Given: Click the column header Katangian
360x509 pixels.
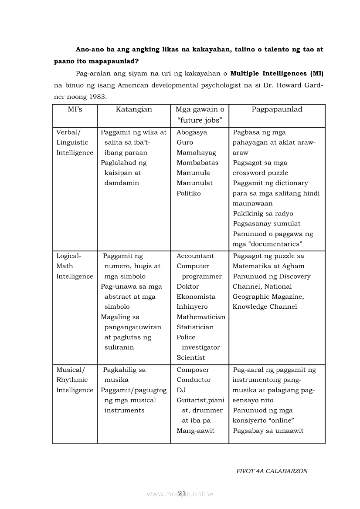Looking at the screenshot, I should pyautogui.click(x=134, y=109).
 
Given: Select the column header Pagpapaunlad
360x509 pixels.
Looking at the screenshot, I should pyautogui.click(x=277, y=109).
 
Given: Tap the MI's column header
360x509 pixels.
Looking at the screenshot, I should pyautogui.click(x=75, y=109).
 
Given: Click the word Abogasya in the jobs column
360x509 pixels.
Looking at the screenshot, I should pyautogui.click(x=192, y=132).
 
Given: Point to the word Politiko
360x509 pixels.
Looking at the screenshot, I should pyautogui.click(x=189, y=193).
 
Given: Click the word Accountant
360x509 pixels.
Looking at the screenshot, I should pyautogui.click(x=195, y=256).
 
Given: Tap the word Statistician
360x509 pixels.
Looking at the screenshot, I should pyautogui.click(x=195, y=327).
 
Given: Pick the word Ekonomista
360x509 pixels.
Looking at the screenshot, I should pyautogui.click(x=196, y=297).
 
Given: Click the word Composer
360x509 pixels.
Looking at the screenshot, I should pyautogui.click(x=193, y=370).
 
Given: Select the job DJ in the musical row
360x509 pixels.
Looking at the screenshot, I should pyautogui.click(x=181, y=390).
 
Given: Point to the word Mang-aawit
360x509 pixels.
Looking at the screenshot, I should pyautogui.click(x=195, y=431).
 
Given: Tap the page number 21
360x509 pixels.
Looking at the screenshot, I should pyautogui.click(x=182, y=492).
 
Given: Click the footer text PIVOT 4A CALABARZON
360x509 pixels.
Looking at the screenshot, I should pyautogui.click(x=272, y=471).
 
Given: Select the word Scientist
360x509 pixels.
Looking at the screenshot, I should pyautogui.click(x=190, y=357).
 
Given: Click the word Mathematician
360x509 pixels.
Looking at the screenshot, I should pyautogui.click(x=201, y=317).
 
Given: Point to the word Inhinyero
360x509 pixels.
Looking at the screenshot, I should pyautogui.click(x=192, y=307).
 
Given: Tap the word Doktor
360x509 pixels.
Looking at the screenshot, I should pyautogui.click(x=187, y=287).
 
